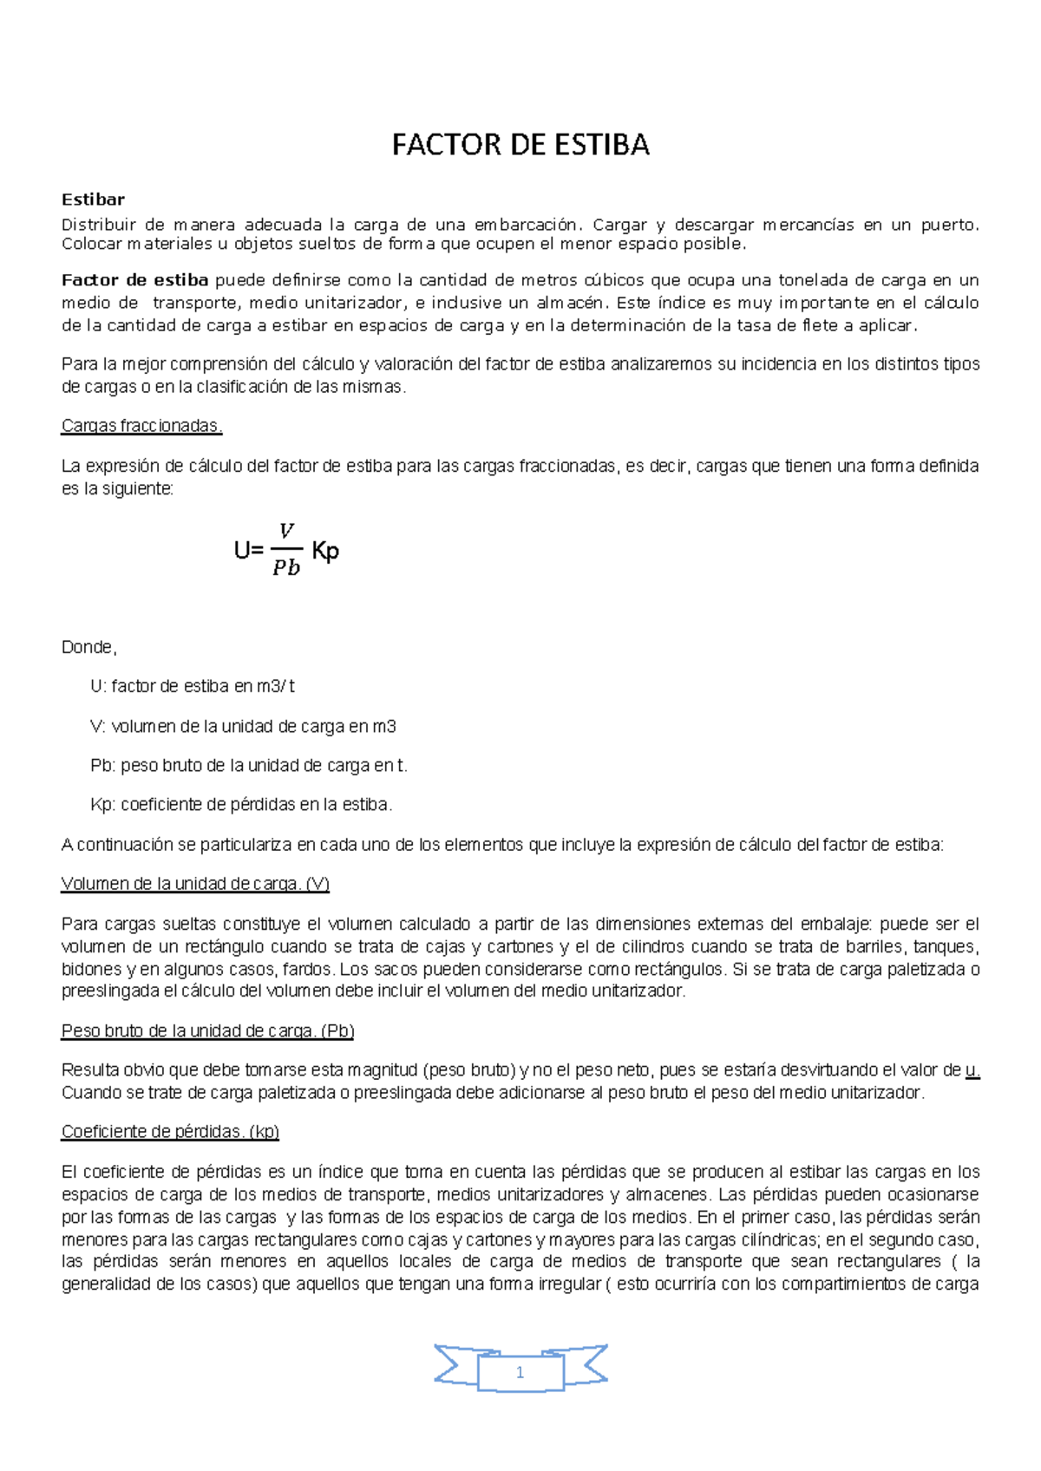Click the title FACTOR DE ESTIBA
[520, 145]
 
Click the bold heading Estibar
[93, 199]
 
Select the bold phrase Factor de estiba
[134, 280]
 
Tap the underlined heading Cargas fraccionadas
[141, 426]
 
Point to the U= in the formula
[249, 551]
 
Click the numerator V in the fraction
[286, 530]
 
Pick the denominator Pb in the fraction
[286, 568]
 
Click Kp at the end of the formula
[325, 551]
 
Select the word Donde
[88, 647]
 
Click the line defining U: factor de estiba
[193, 686]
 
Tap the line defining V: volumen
[243, 726]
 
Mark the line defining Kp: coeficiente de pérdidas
[241, 804]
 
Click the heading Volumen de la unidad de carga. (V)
[195, 884]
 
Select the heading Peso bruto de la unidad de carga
[207, 1030]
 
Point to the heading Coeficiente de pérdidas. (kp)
[170, 1131]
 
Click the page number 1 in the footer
[520, 1372]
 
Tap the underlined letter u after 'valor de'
[972, 1069]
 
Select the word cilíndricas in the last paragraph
[776, 1239]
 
